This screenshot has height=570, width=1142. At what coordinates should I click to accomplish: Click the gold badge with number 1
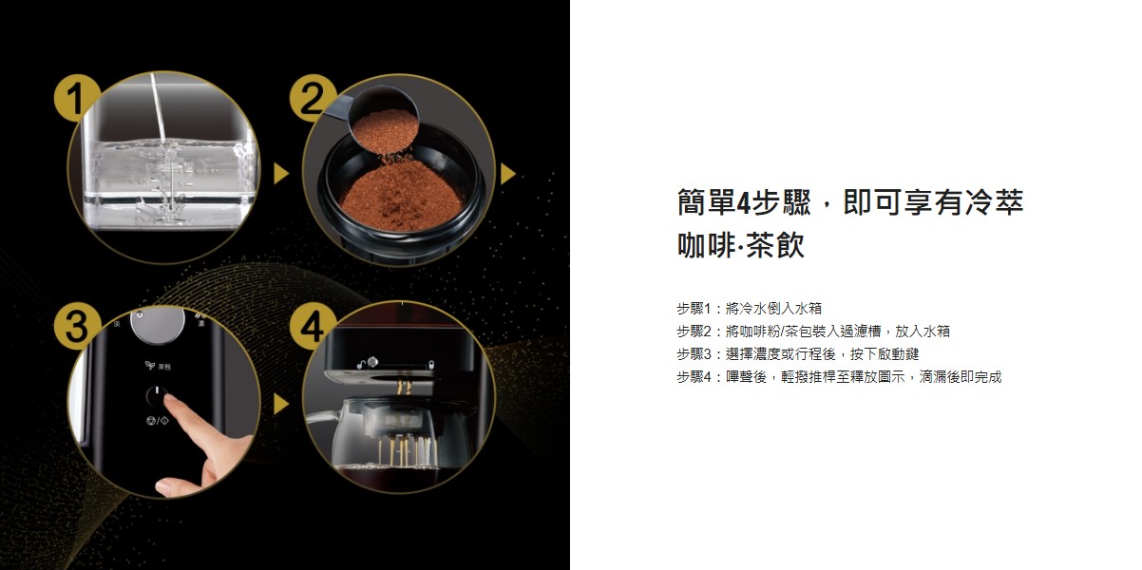point(76,99)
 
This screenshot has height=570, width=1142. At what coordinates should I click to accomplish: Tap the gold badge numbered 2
point(312,99)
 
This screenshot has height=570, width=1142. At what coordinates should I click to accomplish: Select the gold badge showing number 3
point(76,327)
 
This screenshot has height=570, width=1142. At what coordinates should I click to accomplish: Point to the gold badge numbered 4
point(312,327)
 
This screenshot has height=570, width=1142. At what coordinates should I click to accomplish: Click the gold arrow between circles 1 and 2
point(280,174)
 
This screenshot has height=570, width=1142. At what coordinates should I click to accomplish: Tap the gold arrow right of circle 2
point(507,174)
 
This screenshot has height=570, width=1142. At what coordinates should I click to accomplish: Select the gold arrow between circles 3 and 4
point(280,405)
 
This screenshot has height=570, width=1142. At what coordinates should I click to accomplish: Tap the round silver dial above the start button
point(158,322)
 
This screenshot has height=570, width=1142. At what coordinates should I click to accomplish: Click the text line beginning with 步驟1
point(749,309)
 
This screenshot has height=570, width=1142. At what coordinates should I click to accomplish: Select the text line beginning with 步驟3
point(797,353)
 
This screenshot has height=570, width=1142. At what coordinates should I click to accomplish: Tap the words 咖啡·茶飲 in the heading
point(741,245)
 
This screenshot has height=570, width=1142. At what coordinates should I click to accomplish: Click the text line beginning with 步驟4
point(839,377)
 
